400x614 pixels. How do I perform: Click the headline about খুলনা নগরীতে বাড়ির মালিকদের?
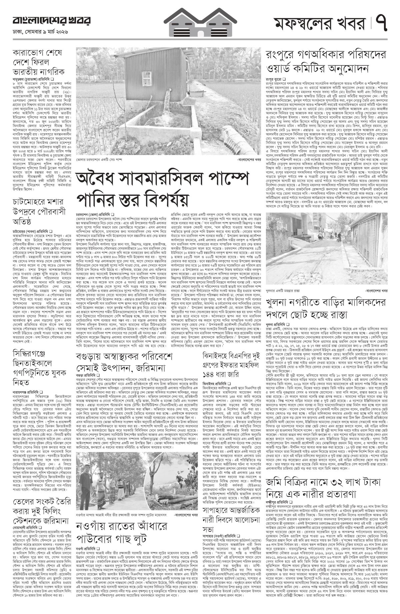click(325, 308)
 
